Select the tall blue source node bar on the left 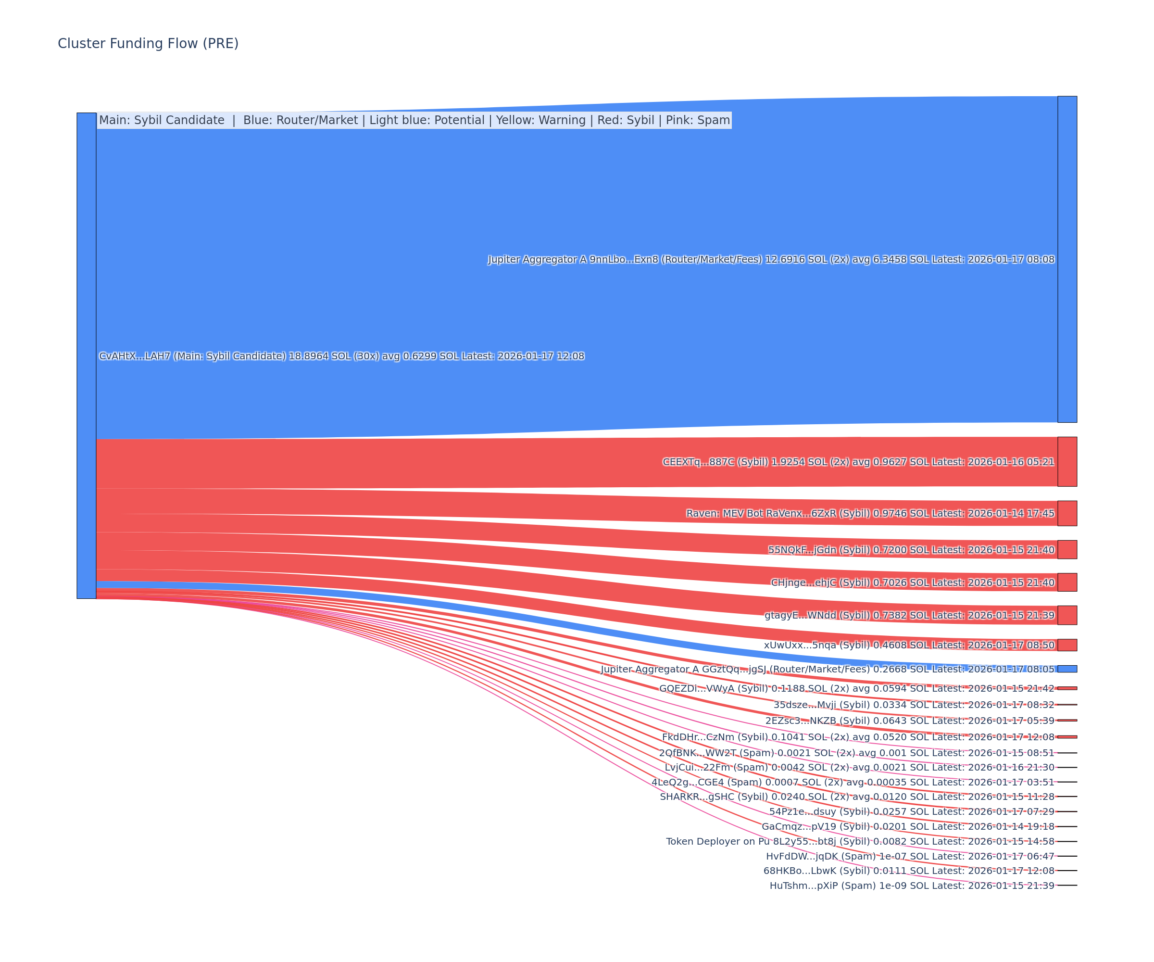tap(86, 355)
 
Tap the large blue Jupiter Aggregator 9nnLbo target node tap(1066, 259)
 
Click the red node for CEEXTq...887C tap(1066, 462)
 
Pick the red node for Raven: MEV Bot tap(1066, 513)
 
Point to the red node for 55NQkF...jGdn tap(1066, 550)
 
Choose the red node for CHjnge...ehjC tap(1066, 582)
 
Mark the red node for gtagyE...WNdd tap(1066, 615)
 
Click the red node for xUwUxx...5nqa tap(1066, 645)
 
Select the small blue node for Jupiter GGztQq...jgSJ tap(1066, 669)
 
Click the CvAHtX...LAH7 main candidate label tap(341, 356)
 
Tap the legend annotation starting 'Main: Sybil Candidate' tap(414, 120)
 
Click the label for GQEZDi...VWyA tap(857, 688)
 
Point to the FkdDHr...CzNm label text tap(858, 737)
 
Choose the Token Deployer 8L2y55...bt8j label tap(860, 842)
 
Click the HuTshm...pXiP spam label tap(912, 886)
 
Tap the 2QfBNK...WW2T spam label tap(857, 753)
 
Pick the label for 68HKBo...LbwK tap(909, 871)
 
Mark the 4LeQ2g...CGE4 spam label tap(853, 782)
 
